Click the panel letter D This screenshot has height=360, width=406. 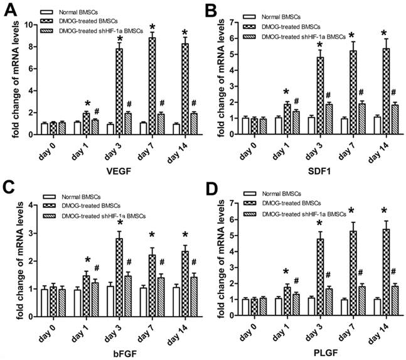(x=215, y=188)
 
